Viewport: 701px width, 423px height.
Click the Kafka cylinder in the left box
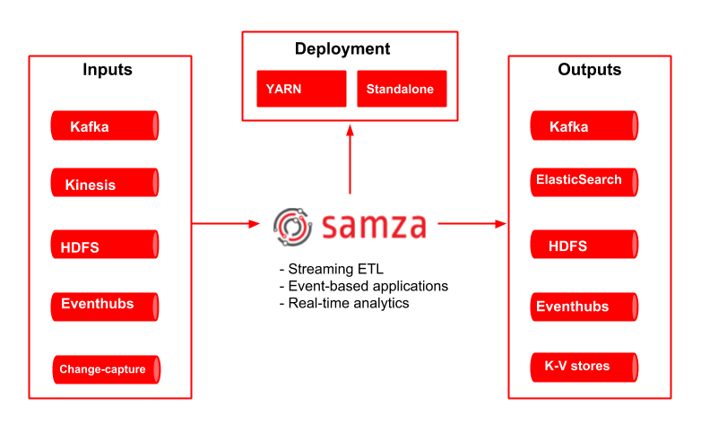[x=105, y=126]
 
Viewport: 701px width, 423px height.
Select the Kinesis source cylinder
[x=105, y=184]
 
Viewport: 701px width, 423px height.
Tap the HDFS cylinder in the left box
[x=105, y=246]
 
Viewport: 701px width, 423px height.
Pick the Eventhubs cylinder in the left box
[x=105, y=306]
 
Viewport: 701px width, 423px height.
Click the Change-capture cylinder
[x=105, y=369]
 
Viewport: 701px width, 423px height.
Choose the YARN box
[x=301, y=89]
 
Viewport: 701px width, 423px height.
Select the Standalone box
[x=402, y=89]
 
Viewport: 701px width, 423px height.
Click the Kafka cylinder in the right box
[x=584, y=126]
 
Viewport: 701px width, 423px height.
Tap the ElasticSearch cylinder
[x=584, y=182]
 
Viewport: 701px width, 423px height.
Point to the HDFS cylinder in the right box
[x=584, y=245]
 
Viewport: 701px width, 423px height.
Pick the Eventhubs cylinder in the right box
[x=584, y=306]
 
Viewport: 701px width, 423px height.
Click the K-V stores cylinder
[x=584, y=367]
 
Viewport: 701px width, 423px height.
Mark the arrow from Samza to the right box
[x=472, y=224]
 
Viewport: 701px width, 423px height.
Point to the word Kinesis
[x=91, y=186]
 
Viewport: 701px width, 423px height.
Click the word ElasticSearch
[x=578, y=179]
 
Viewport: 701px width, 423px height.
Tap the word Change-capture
[x=102, y=369]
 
